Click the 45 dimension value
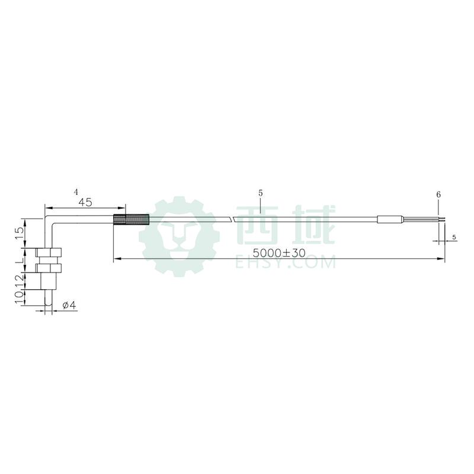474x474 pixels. pyautogui.click(x=85, y=202)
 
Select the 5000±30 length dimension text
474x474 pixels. pyautogui.click(x=279, y=252)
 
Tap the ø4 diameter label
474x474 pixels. pyautogui.click(x=69, y=305)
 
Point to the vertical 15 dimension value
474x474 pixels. pyautogui.click(x=19, y=233)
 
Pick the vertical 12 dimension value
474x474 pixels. pyautogui.click(x=19, y=280)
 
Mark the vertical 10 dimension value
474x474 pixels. pyautogui.click(x=19, y=298)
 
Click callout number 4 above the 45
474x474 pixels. pyautogui.click(x=76, y=191)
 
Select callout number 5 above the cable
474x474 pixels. pyautogui.click(x=261, y=193)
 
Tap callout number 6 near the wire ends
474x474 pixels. pyautogui.click(x=438, y=194)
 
